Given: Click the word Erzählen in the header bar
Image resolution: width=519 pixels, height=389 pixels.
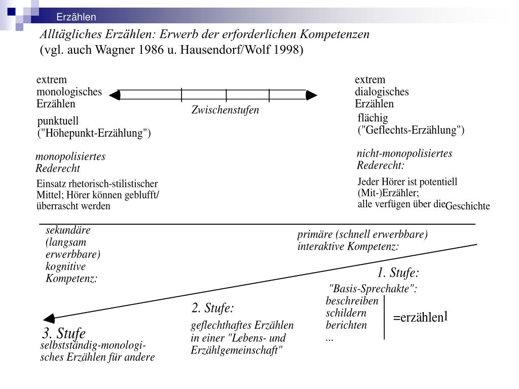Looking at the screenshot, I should (76, 17).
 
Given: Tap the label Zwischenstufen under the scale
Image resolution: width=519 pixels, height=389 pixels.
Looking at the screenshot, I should (225, 110).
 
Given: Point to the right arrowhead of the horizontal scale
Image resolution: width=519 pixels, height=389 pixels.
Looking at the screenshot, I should (312, 95).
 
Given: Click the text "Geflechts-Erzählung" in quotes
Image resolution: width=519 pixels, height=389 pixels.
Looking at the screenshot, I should (411, 130).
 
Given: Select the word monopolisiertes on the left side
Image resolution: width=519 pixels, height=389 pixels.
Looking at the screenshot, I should (70, 157).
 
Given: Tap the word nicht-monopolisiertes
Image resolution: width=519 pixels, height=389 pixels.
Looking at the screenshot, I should (404, 153).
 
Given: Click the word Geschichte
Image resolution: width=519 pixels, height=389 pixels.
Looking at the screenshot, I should (468, 206).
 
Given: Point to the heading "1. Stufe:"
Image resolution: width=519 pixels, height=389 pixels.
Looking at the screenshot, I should (398, 274).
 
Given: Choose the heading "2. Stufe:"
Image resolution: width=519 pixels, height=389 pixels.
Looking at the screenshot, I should (212, 308).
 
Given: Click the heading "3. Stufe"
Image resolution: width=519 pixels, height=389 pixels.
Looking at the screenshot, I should (64, 334).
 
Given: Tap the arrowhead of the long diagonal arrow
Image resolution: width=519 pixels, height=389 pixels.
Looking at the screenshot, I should (49, 319).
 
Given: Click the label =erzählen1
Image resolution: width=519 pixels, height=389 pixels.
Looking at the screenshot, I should (421, 318).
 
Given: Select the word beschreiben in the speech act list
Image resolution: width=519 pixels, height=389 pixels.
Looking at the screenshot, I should (352, 301).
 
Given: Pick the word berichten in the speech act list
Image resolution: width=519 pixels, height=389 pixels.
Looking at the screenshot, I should (346, 325).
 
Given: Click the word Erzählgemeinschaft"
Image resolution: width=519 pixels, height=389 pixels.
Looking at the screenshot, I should (237, 349).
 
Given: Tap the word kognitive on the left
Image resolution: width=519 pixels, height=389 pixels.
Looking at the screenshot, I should (66, 266).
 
